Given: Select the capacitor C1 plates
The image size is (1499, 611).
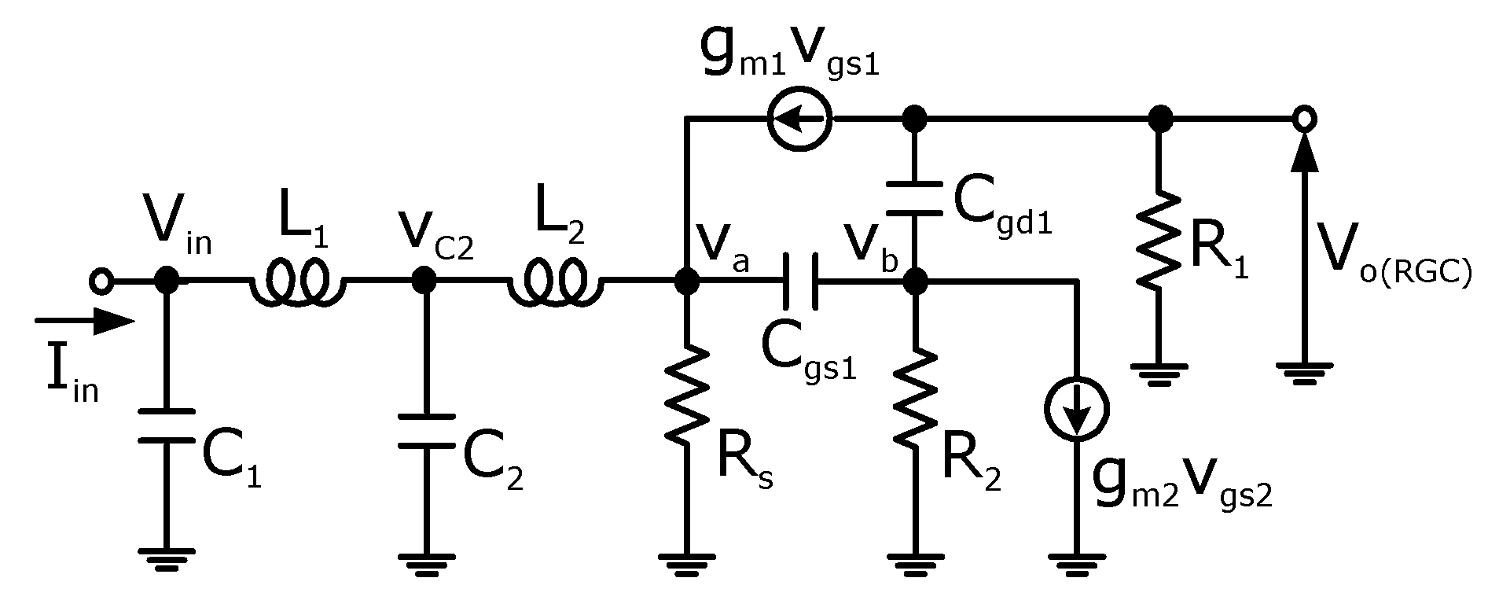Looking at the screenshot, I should pos(166,425).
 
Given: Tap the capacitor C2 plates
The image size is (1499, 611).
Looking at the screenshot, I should pos(425,430).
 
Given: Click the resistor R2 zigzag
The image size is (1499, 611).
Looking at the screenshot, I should pos(914,401).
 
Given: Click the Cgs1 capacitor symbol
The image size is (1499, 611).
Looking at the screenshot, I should pos(800,280).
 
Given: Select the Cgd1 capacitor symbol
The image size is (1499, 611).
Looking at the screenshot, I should pos(913,197).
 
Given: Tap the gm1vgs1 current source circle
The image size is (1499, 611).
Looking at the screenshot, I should pos(799,120).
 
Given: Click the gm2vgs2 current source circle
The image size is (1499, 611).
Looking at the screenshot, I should pos(1076,409).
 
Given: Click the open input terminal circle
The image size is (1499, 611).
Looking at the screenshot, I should pos(101,280).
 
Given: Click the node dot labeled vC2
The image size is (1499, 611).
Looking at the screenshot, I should pos(424,279).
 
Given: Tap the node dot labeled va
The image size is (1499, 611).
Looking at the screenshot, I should pos(687,280).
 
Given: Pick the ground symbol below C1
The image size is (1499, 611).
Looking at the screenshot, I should pos(166,558).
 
